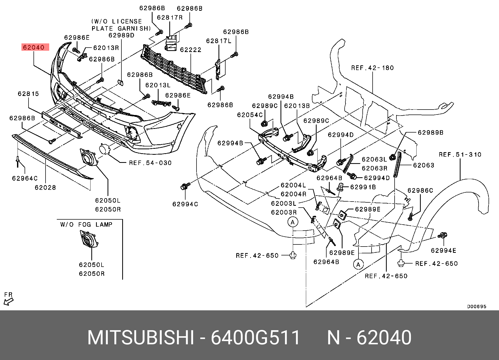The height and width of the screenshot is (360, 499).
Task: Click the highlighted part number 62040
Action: (35, 47)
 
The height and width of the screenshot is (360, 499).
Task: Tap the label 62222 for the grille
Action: (190, 50)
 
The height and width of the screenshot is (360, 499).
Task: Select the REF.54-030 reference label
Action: (150, 163)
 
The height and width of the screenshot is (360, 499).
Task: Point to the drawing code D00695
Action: (477, 306)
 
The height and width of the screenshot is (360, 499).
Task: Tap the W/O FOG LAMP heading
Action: (86, 224)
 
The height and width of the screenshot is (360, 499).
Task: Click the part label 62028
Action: (46, 187)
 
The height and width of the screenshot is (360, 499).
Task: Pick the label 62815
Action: (28, 94)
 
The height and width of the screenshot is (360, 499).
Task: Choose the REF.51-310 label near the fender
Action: (460, 155)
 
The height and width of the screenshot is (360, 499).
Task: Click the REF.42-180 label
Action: (372, 68)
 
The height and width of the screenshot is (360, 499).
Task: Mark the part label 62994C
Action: (185, 204)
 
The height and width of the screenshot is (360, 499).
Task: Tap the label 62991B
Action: (363, 187)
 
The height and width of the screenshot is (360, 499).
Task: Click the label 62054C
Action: (250, 115)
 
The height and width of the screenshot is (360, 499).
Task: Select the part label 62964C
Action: (25, 178)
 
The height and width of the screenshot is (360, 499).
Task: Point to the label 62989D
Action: (121, 35)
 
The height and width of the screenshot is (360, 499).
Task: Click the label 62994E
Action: (444, 250)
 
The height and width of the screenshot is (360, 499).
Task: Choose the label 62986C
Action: (420, 191)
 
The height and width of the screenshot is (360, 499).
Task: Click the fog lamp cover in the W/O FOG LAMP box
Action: (89, 239)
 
